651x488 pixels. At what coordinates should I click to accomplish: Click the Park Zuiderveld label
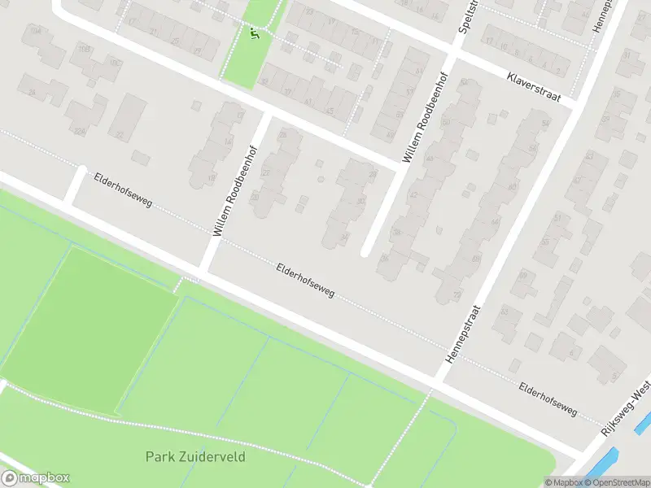195,456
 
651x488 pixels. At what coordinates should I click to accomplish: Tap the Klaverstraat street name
535,85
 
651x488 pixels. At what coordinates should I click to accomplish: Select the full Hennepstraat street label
463,333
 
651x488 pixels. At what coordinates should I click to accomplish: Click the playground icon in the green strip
256,33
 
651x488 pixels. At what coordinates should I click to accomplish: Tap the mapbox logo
35,478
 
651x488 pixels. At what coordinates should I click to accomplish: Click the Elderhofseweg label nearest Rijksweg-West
547,399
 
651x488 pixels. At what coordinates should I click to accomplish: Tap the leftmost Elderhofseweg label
122,189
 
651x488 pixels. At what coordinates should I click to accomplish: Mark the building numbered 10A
35,31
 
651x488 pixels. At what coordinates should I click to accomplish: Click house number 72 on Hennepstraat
457,294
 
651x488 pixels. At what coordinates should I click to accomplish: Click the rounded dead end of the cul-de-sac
366,251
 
